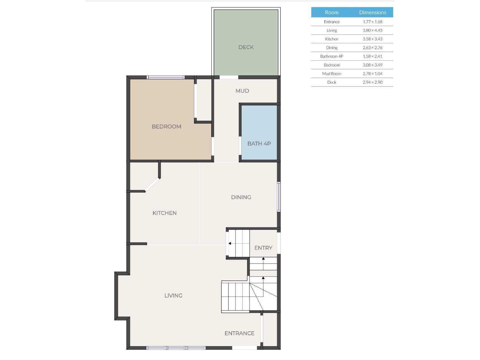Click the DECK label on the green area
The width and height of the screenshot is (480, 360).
click(x=246, y=47)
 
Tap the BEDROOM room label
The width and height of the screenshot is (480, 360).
click(x=166, y=127)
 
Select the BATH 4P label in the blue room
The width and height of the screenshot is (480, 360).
click(x=259, y=144)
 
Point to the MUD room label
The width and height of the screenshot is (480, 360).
click(x=242, y=91)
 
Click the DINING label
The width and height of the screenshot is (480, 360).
click(x=241, y=197)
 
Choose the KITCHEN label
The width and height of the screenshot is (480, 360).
click(x=164, y=213)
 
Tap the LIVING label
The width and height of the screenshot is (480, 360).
click(x=173, y=295)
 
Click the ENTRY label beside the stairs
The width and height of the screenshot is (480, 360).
click(x=263, y=248)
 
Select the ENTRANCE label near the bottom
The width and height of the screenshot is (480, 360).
click(x=239, y=333)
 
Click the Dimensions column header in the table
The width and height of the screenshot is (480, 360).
click(x=373, y=12)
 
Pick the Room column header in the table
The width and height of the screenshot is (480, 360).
click(x=331, y=12)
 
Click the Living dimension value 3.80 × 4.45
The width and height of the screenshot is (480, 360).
click(x=373, y=30)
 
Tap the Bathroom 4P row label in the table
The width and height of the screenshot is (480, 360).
click(x=331, y=56)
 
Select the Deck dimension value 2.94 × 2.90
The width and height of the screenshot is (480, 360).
click(x=373, y=82)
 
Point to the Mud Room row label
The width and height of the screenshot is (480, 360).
click(x=331, y=73)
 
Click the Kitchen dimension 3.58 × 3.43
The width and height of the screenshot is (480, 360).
click(x=373, y=39)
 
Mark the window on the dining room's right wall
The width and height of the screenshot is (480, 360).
click(x=279, y=196)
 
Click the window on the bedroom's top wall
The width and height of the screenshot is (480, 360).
click(x=166, y=77)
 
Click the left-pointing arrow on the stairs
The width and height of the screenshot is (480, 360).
click(x=230, y=243)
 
